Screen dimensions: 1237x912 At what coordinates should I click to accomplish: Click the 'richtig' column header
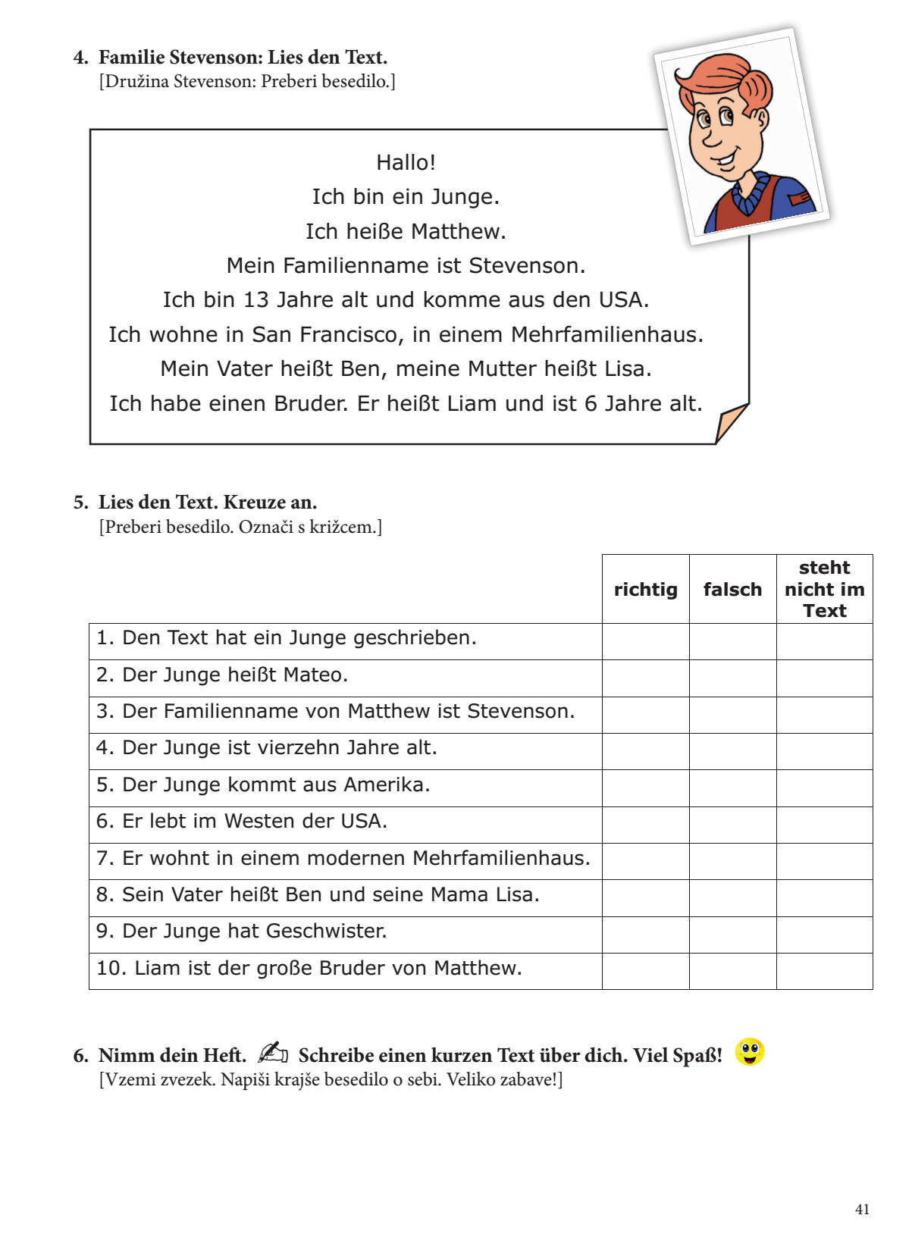pyautogui.click(x=645, y=590)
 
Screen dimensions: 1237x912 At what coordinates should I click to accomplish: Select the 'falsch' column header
pyautogui.click(x=732, y=590)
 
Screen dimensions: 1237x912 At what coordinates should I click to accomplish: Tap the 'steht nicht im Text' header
pyautogui.click(x=824, y=589)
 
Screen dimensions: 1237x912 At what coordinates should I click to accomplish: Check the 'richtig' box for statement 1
pyautogui.click(x=645, y=641)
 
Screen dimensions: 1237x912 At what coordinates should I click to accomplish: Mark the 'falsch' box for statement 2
pyautogui.click(x=732, y=678)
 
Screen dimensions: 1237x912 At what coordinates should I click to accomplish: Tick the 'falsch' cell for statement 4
pyautogui.click(x=732, y=751)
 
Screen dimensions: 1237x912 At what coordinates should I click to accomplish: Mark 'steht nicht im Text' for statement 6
pyautogui.click(x=824, y=825)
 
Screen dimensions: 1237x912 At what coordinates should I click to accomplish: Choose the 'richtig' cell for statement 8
pyautogui.click(x=645, y=898)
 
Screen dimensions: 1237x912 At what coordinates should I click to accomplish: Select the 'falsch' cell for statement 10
pyautogui.click(x=732, y=971)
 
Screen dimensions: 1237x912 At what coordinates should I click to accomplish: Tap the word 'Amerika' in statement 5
pyautogui.click(x=387, y=784)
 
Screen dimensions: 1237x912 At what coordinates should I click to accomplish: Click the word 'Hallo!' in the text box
pyautogui.click(x=406, y=162)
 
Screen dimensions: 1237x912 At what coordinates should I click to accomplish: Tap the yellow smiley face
pyautogui.click(x=749, y=1052)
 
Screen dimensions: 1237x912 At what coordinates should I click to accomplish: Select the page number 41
pyautogui.click(x=862, y=1210)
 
